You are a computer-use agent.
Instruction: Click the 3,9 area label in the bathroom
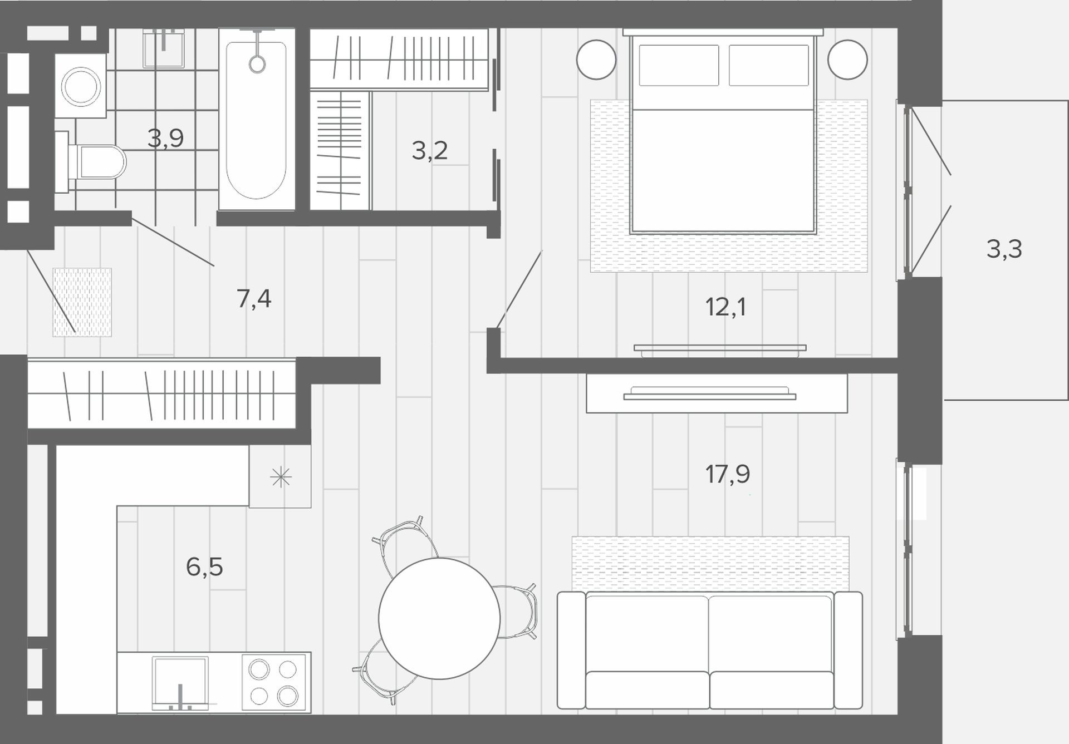(x=165, y=138)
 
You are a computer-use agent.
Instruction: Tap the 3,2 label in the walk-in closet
(x=429, y=150)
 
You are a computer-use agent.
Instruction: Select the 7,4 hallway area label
(x=254, y=299)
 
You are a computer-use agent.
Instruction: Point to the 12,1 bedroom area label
(x=725, y=307)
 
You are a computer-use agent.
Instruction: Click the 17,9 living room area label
(x=728, y=474)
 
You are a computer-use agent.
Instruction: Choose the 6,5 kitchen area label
(x=204, y=567)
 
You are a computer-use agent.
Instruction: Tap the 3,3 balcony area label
(x=1004, y=249)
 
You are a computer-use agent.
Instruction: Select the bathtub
(x=257, y=120)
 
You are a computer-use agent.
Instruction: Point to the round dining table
(x=439, y=618)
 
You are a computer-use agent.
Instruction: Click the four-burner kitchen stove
(x=273, y=682)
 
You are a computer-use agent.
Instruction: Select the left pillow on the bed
(x=679, y=65)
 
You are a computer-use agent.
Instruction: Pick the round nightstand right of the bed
(x=847, y=60)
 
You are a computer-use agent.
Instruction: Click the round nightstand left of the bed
(x=596, y=60)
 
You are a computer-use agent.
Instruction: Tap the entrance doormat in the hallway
(x=82, y=302)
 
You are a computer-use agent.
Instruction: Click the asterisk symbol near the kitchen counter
(x=281, y=477)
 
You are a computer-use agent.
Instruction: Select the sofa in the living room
(x=710, y=650)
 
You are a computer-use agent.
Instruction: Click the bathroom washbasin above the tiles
(x=164, y=48)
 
